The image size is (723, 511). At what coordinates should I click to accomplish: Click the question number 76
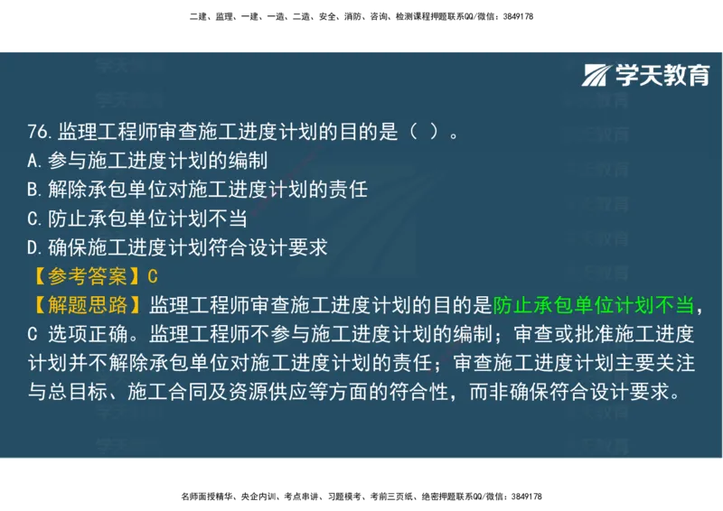(40, 132)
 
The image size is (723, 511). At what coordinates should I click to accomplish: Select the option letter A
(33, 161)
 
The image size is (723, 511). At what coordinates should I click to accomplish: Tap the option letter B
(33, 190)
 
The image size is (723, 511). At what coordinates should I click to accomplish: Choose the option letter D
(33, 247)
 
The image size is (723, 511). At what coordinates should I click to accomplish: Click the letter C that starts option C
(33, 218)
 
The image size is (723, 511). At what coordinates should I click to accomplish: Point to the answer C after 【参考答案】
(152, 276)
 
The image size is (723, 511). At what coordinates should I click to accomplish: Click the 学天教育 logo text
(662, 75)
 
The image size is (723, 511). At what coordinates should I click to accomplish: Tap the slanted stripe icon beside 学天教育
(597, 75)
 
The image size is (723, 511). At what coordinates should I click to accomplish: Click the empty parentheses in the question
(424, 132)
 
